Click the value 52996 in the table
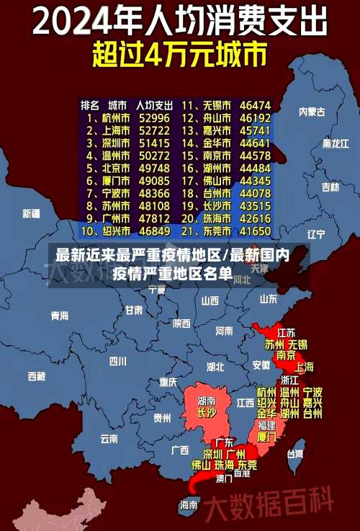155,117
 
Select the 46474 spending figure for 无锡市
255,104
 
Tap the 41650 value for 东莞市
255,231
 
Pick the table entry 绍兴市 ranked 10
115,231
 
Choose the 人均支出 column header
155,104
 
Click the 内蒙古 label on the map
312,112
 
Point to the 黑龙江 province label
335,143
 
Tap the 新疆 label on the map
31,213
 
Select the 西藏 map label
36,376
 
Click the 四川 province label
117,361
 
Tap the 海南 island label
188,504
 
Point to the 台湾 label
295,454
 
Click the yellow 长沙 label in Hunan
206,413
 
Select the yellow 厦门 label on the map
266,437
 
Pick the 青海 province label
59,316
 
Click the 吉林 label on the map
330,187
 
